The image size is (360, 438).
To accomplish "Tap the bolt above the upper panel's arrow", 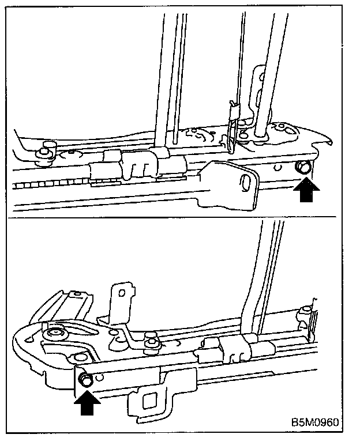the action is [x=303, y=168].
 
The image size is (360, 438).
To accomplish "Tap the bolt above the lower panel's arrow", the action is [x=85, y=379].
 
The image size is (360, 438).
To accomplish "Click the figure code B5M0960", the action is [x=315, y=422].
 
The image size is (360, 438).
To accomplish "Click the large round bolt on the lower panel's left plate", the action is [x=57, y=334].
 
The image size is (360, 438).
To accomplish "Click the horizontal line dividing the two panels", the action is [x=173, y=217].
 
